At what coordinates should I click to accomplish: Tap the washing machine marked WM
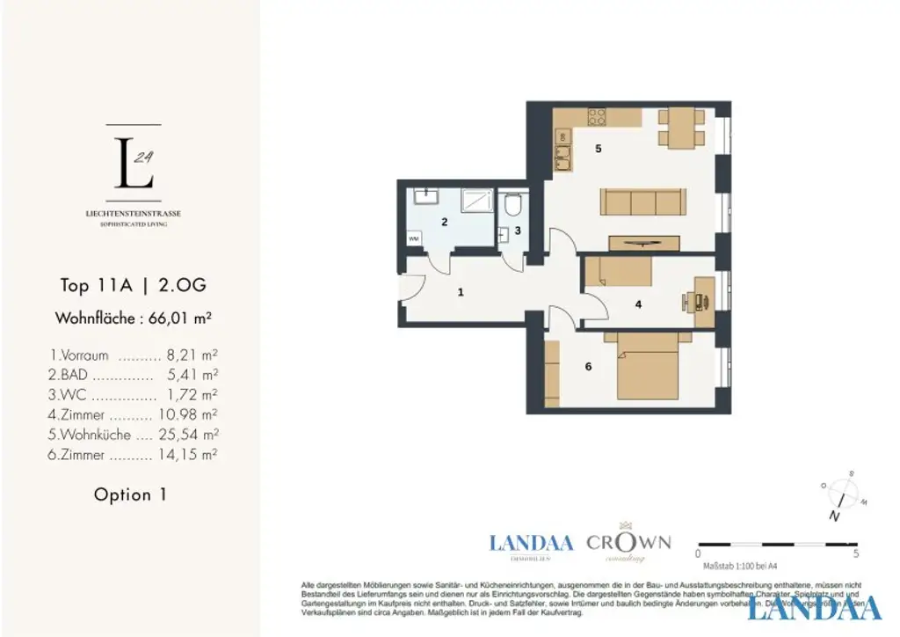coord(413,238)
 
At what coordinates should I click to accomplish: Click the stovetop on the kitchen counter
coord(598,117)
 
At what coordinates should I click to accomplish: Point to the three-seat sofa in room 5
coord(643,202)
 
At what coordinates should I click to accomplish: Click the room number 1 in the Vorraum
coord(461,293)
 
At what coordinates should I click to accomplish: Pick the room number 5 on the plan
coord(599,149)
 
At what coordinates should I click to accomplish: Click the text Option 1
coord(130,494)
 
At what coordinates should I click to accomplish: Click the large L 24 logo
coord(134,163)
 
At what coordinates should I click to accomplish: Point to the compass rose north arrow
coord(843,494)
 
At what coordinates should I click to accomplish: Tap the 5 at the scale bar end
coord(855,554)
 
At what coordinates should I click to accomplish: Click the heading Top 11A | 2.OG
coord(133,285)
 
